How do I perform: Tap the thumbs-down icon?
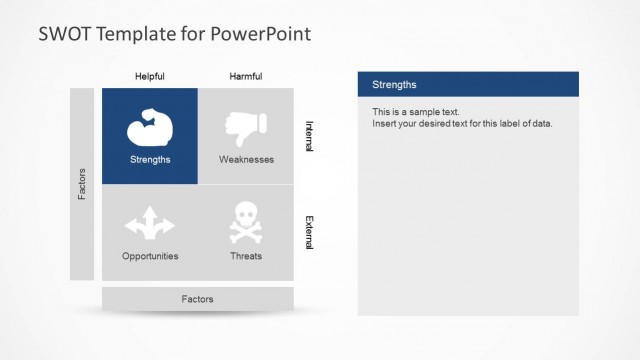coord(246,127)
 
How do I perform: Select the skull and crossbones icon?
coord(246,223)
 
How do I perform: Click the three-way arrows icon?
coord(150,223)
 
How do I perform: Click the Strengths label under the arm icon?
coord(150,159)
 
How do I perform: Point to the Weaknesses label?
coord(246,159)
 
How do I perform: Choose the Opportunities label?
coord(150,256)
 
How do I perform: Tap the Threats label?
coord(246,256)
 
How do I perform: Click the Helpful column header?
coord(150,76)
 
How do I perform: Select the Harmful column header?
coord(246,76)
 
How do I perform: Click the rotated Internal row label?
coord(309,136)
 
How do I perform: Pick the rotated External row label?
coord(309,232)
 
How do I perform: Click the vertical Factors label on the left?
coord(82,184)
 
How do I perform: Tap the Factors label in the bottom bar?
coord(197,299)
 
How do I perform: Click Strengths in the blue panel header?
coord(394,85)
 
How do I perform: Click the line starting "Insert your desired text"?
coord(462,124)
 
